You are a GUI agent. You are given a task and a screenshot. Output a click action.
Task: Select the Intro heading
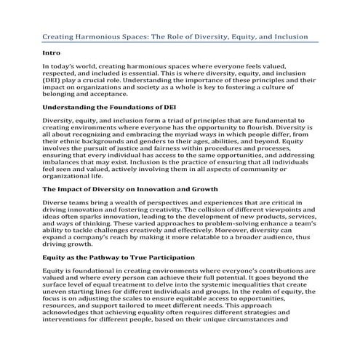pos(51,53)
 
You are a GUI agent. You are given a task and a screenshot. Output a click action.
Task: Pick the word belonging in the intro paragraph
pos(65,94)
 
